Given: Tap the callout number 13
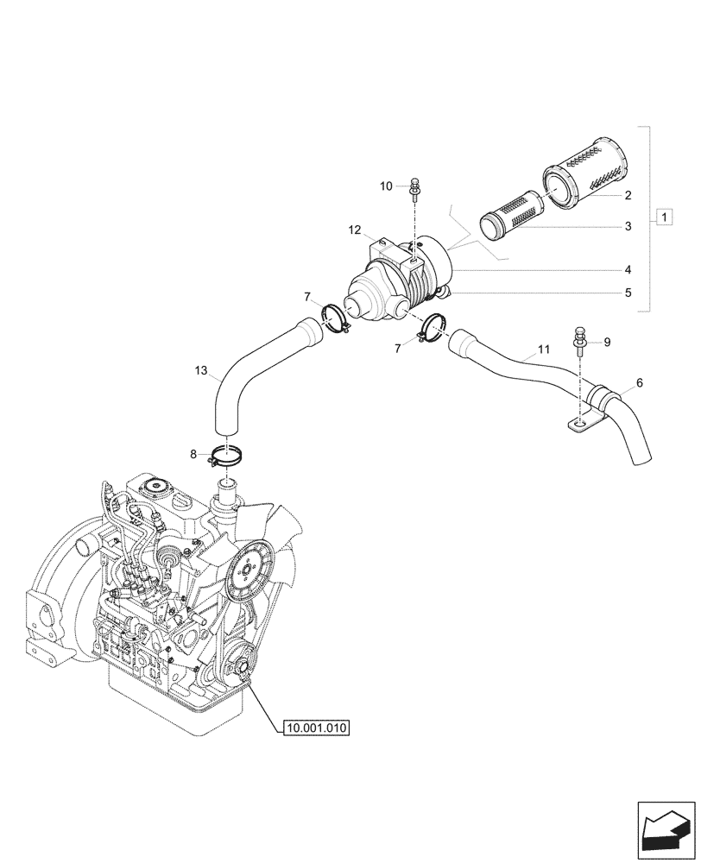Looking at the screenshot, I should (x=201, y=371).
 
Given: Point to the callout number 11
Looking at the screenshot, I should (x=543, y=350).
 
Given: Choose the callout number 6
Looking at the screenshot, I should (x=639, y=381).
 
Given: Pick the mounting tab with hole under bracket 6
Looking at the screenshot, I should (x=578, y=423).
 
